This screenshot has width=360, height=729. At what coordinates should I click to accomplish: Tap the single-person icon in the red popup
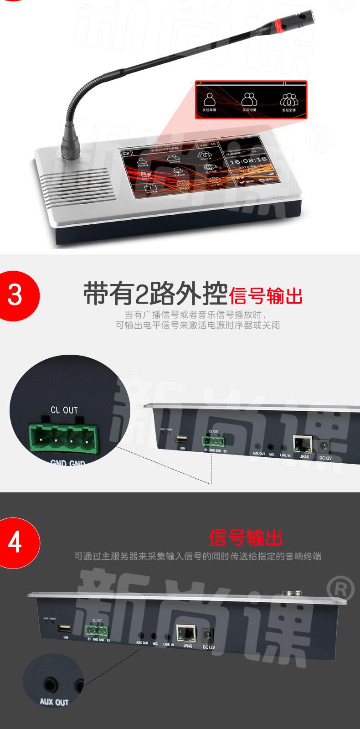click(209, 99)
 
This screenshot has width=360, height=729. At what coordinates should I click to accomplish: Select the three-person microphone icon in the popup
click(288, 99)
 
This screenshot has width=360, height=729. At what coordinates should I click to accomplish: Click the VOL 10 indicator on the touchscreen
click(207, 144)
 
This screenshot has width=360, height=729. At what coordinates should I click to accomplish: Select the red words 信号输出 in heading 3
click(266, 296)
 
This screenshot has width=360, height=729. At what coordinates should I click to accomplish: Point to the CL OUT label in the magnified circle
click(64, 410)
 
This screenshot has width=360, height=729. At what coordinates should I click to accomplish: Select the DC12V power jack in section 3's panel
click(325, 445)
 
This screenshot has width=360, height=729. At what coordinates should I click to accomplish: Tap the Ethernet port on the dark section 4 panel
click(187, 633)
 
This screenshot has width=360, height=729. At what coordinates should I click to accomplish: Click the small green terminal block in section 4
click(96, 631)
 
